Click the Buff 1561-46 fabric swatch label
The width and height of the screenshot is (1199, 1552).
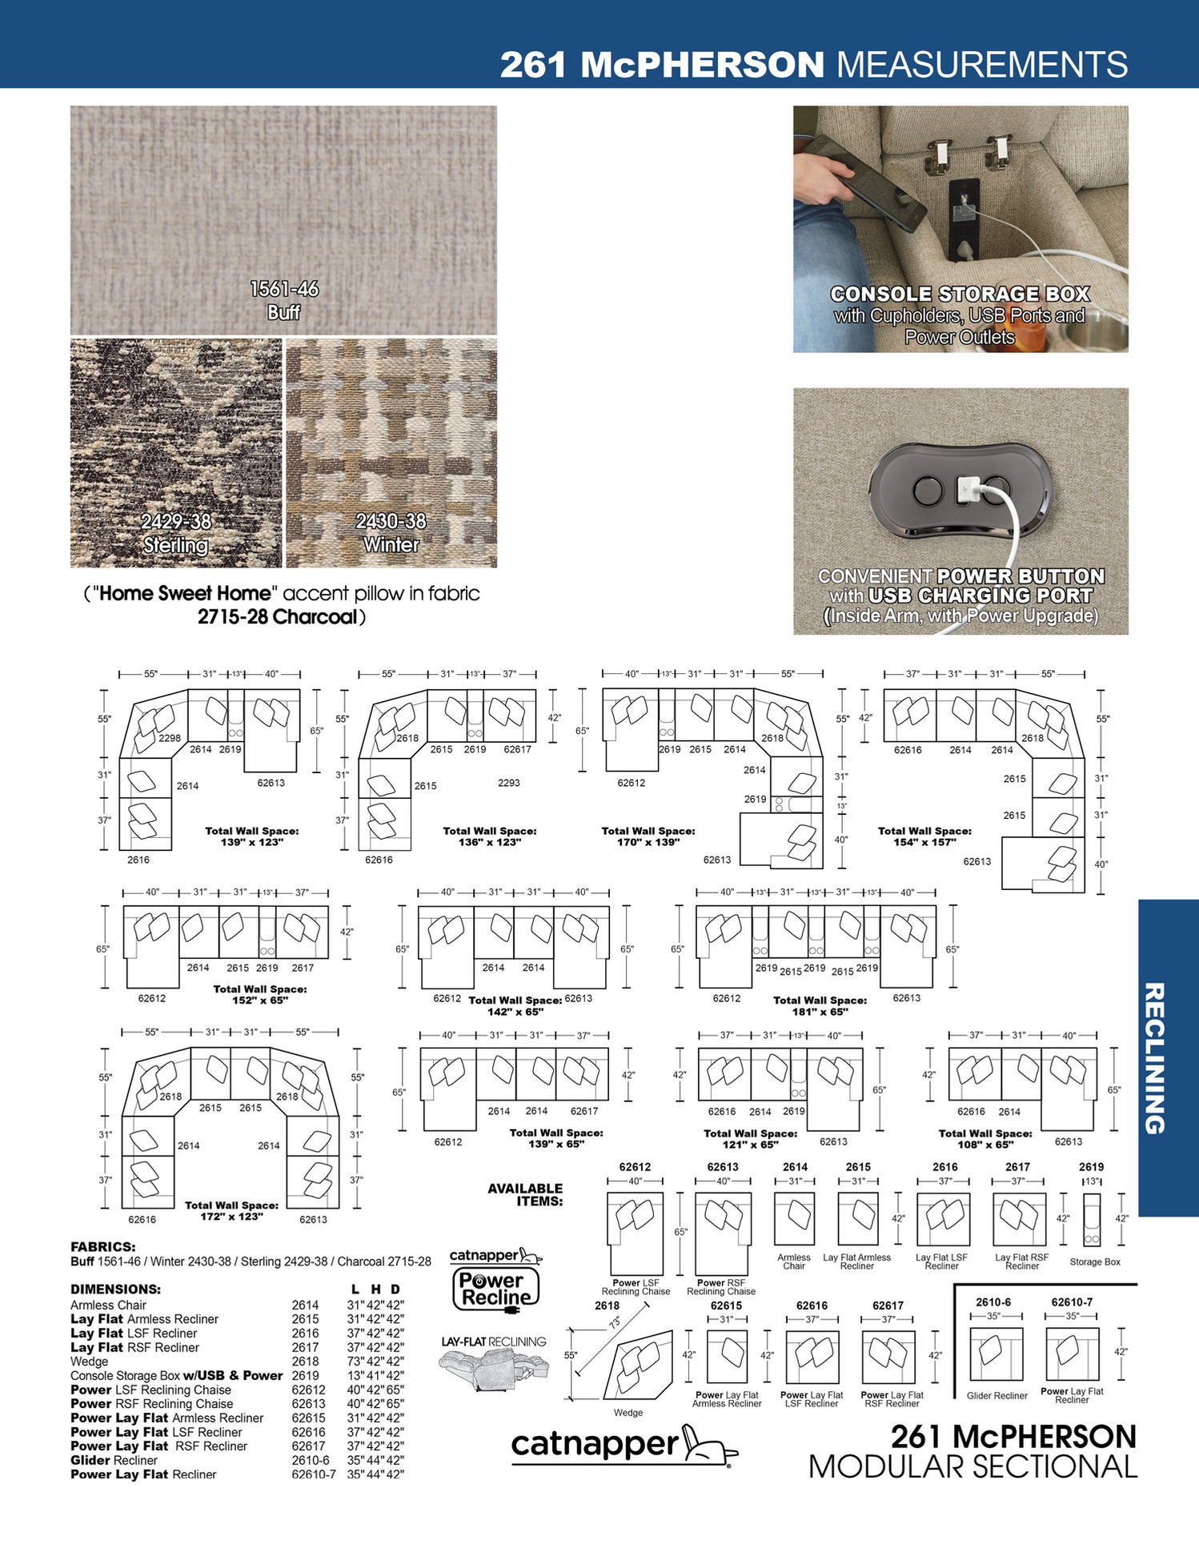(x=284, y=300)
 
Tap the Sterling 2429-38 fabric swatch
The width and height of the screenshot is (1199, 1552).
(x=176, y=453)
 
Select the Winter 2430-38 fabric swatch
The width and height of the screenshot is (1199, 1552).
(x=391, y=453)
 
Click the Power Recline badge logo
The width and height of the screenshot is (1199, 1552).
(x=496, y=1289)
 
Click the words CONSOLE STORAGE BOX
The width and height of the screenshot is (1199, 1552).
(x=960, y=295)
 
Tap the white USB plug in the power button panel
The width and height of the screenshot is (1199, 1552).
(x=966, y=487)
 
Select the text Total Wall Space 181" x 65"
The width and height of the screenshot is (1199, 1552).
(x=820, y=1006)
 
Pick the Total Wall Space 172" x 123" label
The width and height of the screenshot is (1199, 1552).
(x=231, y=1211)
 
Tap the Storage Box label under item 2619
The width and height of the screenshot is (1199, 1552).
(x=1094, y=1262)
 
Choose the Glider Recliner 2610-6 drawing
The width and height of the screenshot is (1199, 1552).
(x=996, y=1353)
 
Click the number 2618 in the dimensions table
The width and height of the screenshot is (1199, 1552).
(x=305, y=1362)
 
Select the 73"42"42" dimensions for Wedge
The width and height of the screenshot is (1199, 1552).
(x=375, y=1362)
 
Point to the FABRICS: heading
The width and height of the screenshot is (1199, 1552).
(x=103, y=1247)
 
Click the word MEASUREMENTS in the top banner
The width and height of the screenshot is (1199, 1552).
(x=981, y=65)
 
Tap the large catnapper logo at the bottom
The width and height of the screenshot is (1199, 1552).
(x=624, y=1445)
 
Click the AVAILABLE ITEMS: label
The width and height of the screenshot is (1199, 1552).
(x=525, y=1194)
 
